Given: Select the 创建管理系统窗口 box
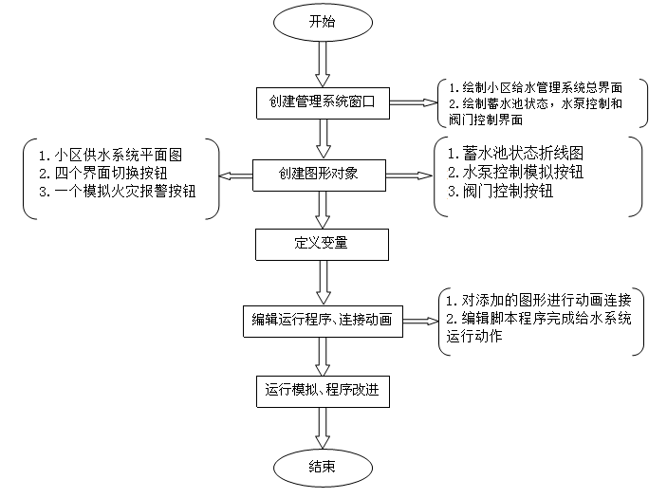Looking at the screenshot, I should [324, 102].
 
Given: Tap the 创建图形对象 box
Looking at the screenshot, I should [324, 174].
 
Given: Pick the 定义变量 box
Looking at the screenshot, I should [324, 243].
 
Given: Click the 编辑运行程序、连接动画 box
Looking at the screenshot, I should [324, 318].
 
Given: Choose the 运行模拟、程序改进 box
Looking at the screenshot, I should [324, 389].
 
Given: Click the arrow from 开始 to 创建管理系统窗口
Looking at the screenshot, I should [324, 65].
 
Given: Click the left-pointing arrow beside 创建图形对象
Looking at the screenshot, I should [234, 175].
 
